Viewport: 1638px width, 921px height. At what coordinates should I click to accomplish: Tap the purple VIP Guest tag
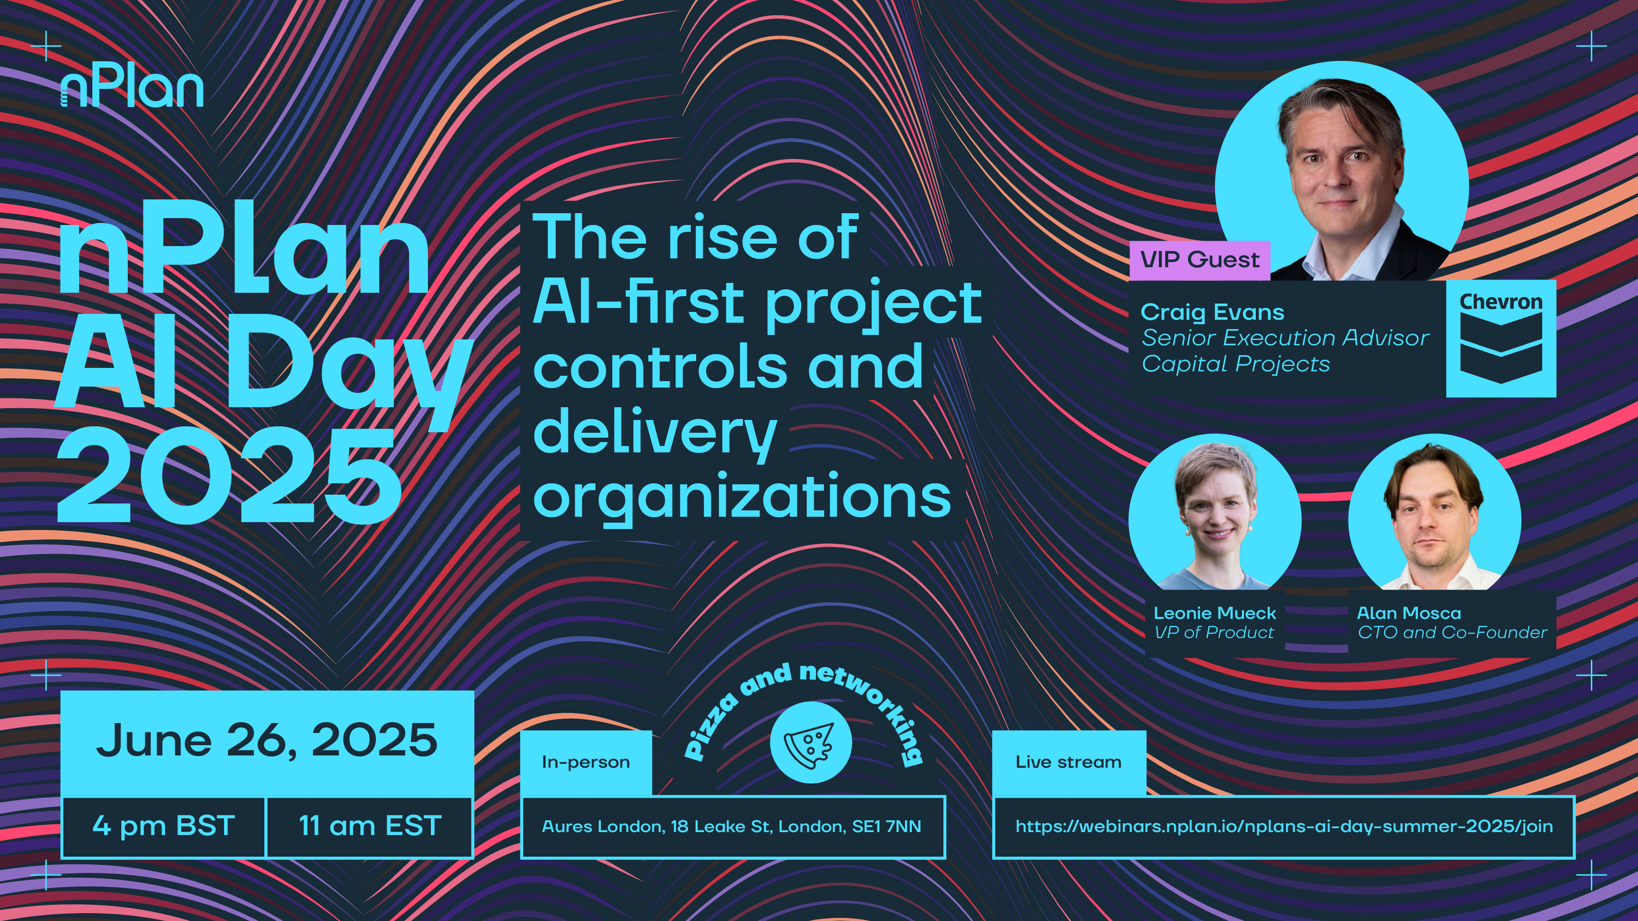tap(1199, 260)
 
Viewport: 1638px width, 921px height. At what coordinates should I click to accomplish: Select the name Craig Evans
tap(1212, 312)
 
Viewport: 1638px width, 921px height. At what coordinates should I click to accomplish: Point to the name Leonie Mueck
tap(1214, 613)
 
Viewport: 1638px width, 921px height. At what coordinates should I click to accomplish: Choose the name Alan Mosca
tap(1409, 613)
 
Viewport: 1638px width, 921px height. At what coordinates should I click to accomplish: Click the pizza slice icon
tap(810, 742)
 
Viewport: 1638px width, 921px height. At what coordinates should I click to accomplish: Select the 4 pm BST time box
tap(164, 826)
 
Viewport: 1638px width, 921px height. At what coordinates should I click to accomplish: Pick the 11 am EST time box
tap(370, 826)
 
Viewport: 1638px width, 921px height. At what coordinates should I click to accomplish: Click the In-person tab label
tap(586, 762)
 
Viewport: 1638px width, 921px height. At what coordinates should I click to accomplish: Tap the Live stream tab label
tap(1068, 762)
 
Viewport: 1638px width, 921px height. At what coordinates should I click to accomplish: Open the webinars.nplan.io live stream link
tap(1284, 826)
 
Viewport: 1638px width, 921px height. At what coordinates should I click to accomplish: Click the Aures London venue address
tap(731, 826)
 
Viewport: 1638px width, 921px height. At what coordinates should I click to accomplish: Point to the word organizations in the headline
tap(742, 498)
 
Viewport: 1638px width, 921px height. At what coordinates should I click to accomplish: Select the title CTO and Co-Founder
tap(1452, 633)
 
